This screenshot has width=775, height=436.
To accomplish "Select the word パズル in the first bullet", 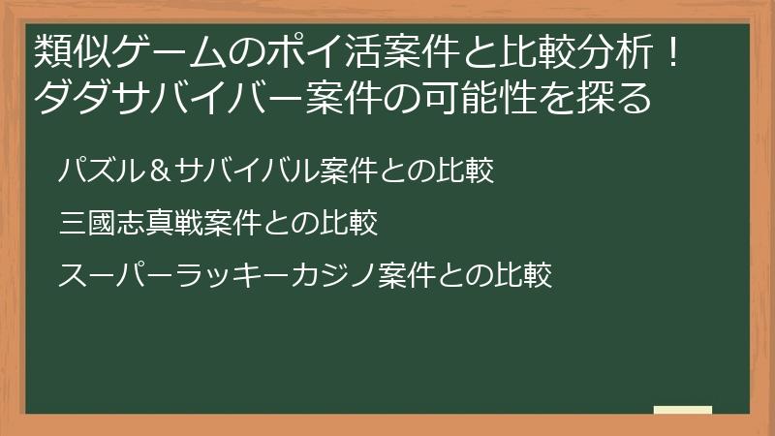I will click(105, 172).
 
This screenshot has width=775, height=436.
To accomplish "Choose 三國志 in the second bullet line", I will click(104, 225).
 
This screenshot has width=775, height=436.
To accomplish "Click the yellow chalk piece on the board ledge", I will click(682, 411).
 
